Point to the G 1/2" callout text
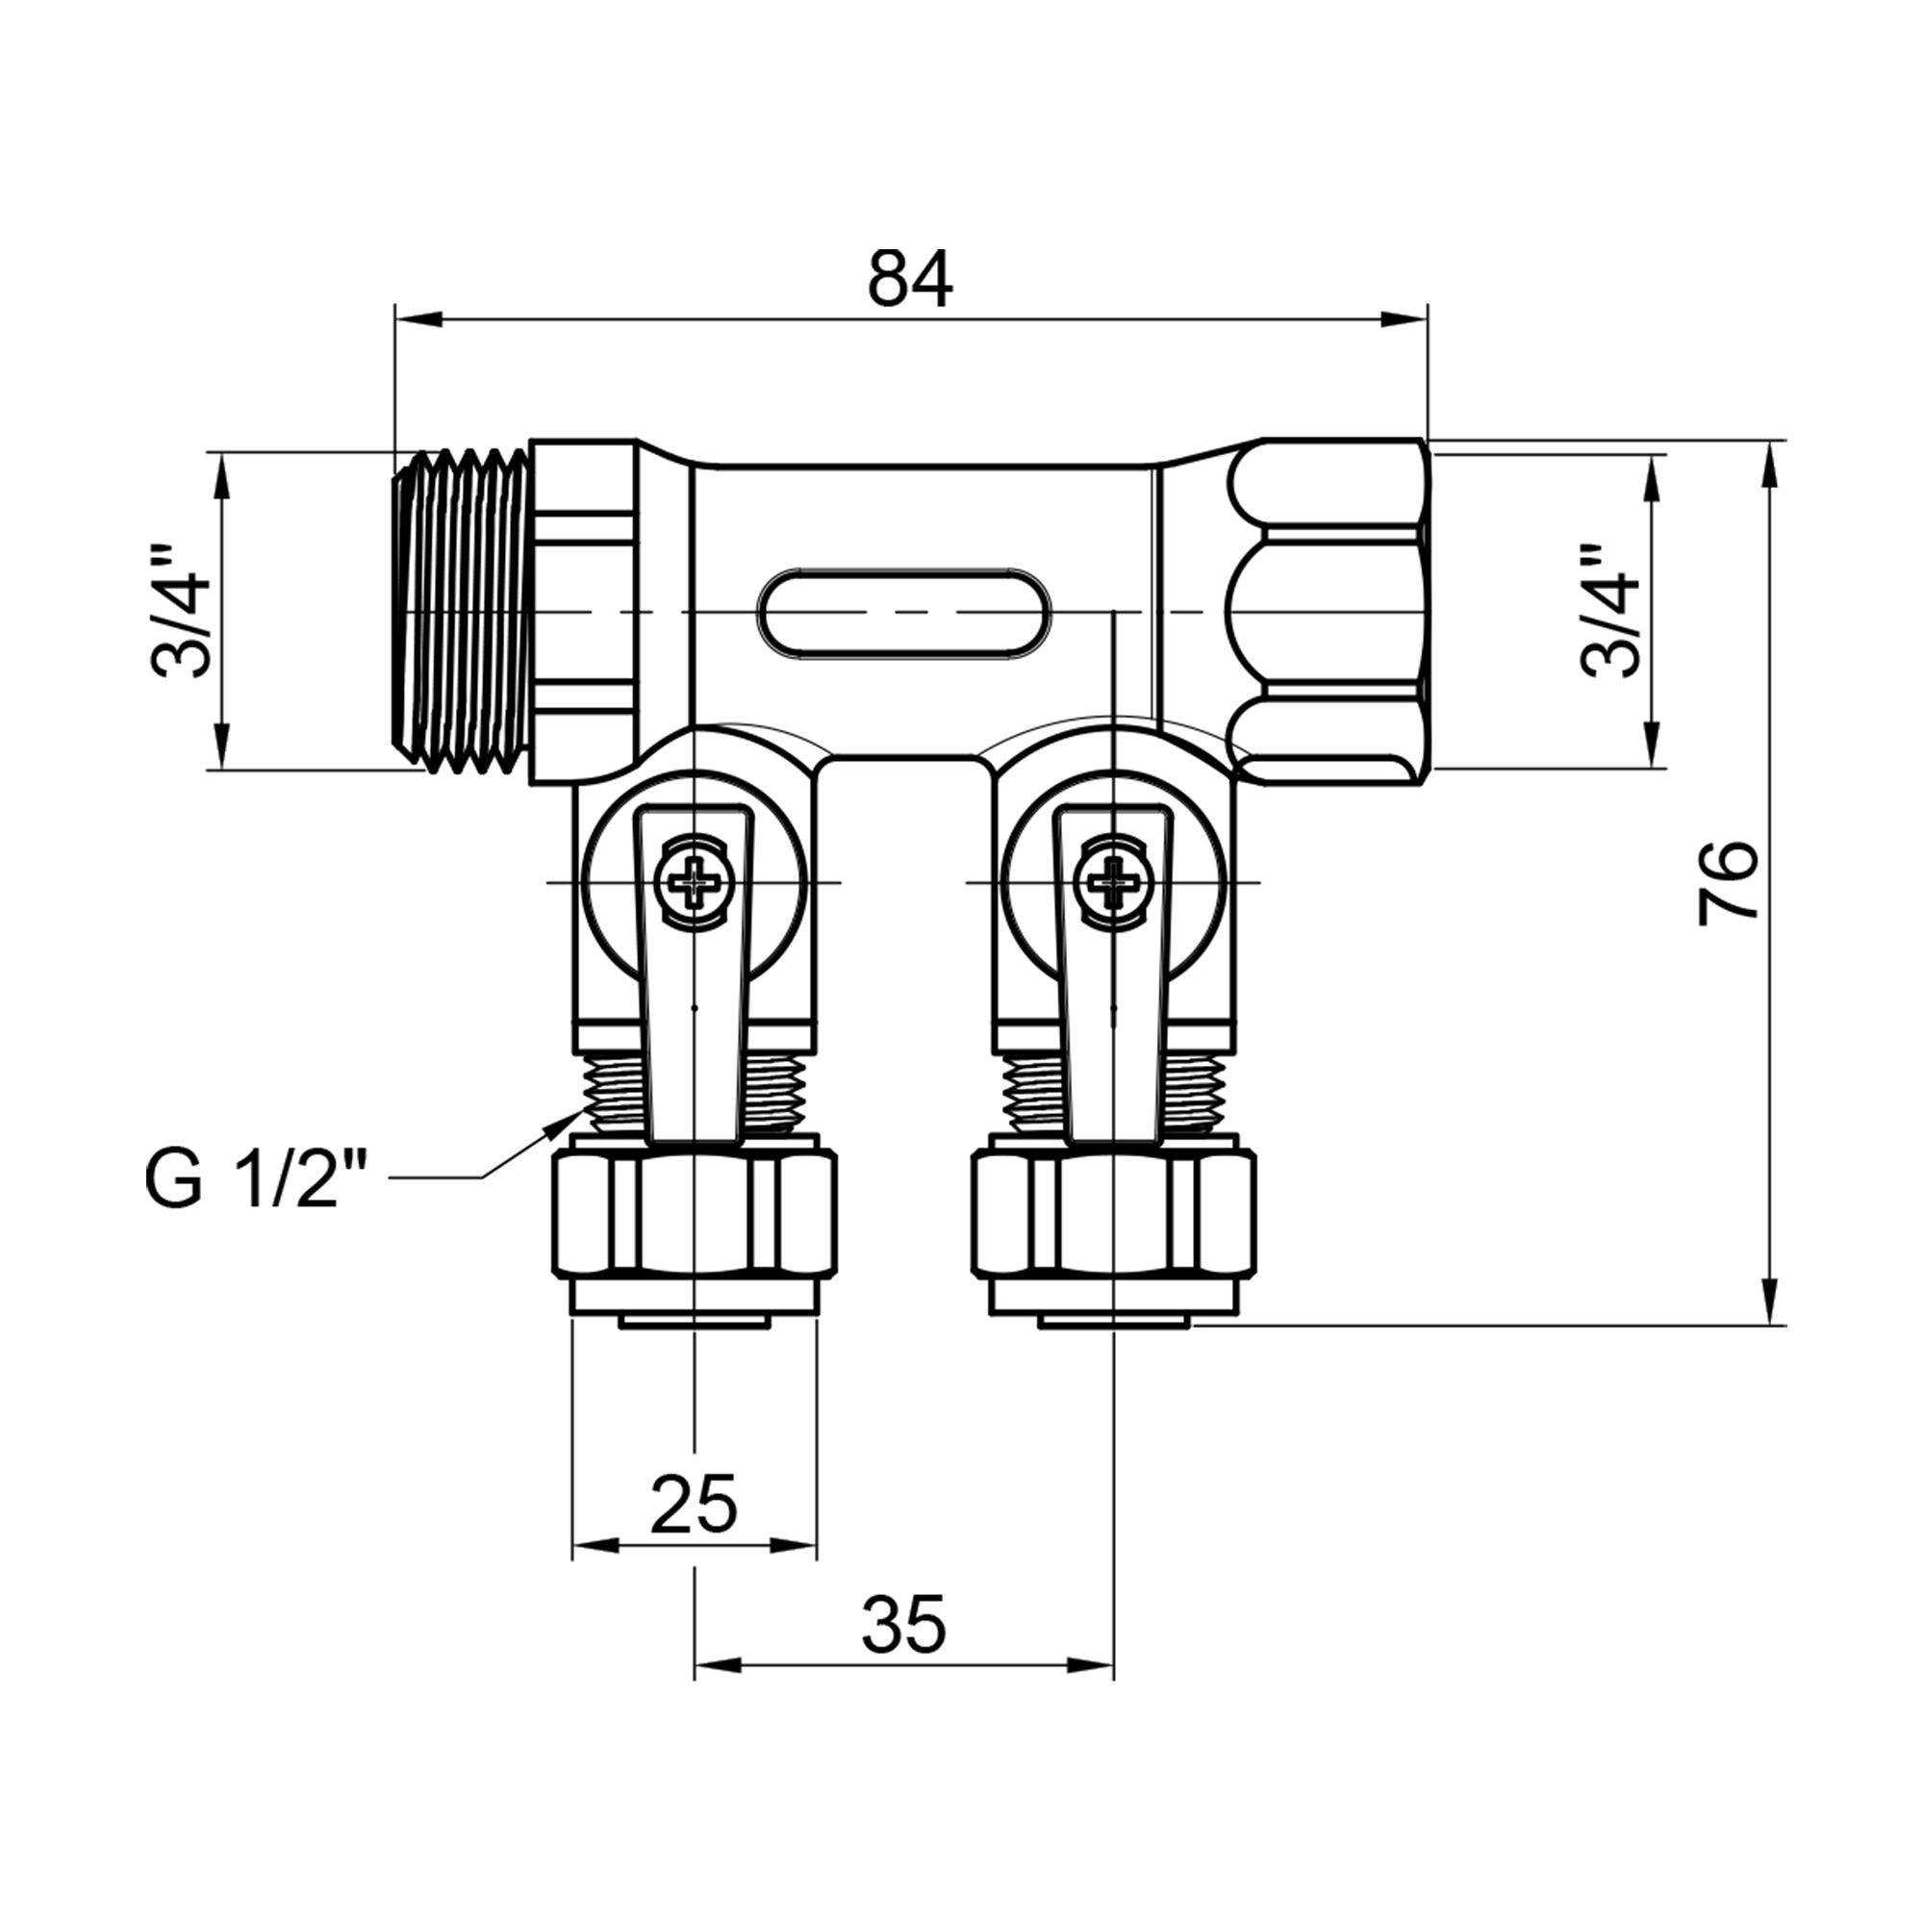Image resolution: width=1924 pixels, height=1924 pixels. tap(256, 1183)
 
